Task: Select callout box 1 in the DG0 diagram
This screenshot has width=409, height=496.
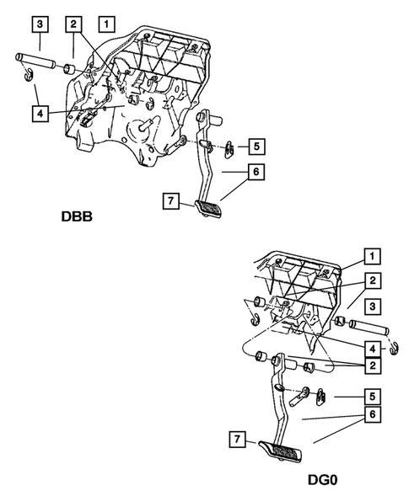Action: click(372, 254)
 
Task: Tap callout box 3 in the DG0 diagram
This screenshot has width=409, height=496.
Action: click(372, 306)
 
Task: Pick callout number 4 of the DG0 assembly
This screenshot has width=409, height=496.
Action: click(372, 346)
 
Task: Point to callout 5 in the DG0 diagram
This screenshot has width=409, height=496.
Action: click(372, 393)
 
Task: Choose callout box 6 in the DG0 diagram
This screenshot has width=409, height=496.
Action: click(372, 416)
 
